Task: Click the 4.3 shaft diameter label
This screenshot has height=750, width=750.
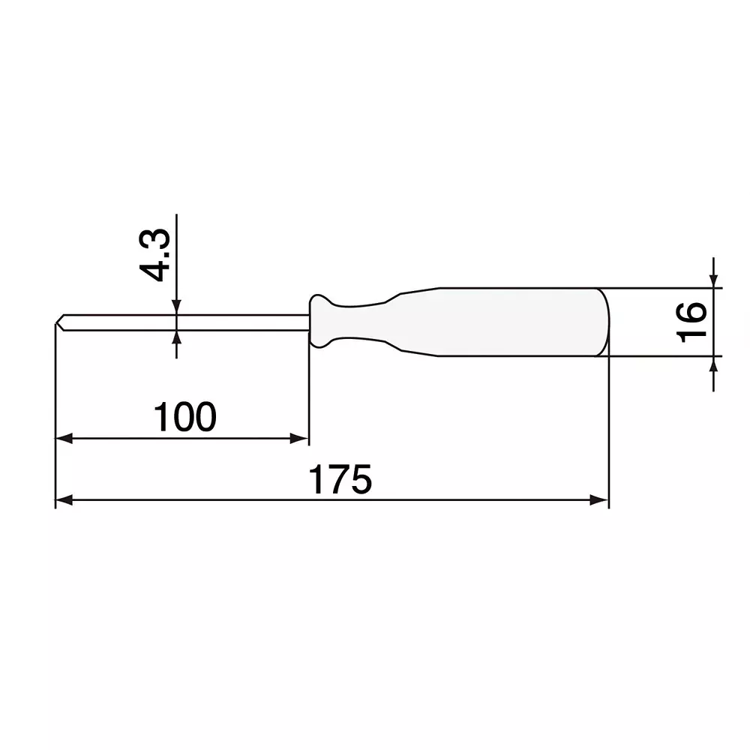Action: click(x=158, y=256)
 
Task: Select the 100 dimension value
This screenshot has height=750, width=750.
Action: click(x=184, y=417)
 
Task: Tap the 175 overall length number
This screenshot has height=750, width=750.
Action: click(x=341, y=480)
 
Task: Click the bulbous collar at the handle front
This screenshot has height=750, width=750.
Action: click(x=320, y=321)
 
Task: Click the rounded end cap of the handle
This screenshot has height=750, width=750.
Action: click(x=604, y=322)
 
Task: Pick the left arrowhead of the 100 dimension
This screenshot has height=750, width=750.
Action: click(x=63, y=439)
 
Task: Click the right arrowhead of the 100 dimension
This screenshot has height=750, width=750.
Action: click(x=301, y=439)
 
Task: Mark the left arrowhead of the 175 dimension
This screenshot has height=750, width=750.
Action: click(x=63, y=500)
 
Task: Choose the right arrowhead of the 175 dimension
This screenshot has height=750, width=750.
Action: click(x=600, y=500)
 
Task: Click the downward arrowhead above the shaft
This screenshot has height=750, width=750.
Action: click(x=176, y=307)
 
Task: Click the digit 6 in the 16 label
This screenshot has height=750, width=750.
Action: click(x=691, y=311)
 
